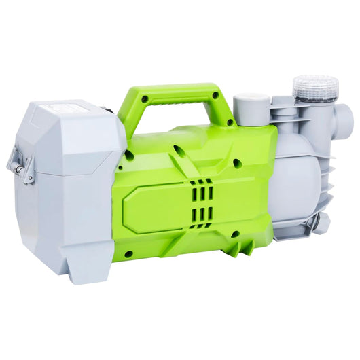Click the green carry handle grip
[x=170, y=94]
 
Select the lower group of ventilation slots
[x=202, y=215]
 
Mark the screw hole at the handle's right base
[x=230, y=122]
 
